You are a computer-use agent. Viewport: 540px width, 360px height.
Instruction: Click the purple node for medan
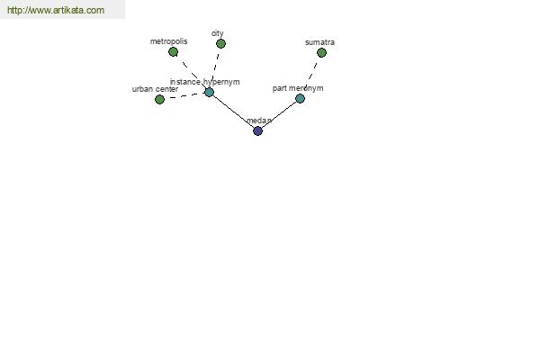[x=257, y=130]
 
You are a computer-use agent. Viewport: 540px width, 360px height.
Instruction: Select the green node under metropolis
[x=173, y=52]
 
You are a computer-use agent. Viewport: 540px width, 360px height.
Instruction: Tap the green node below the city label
[x=220, y=44]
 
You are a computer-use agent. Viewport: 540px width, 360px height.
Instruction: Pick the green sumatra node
[x=321, y=53]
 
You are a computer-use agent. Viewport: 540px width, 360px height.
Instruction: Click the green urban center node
[x=159, y=100]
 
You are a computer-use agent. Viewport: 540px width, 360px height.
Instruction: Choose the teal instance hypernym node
[x=209, y=93]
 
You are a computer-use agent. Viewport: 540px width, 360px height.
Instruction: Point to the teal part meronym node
[x=300, y=98]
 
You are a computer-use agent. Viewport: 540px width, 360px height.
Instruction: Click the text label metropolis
[x=169, y=41]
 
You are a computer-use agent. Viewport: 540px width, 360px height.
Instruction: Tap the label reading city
[x=217, y=33]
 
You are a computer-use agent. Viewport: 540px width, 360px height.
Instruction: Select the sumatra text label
[x=319, y=42]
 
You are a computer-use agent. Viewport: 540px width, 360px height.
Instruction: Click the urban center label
[x=155, y=89]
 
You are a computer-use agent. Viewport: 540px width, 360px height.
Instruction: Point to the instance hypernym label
[x=204, y=82]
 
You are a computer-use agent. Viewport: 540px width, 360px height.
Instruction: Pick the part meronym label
[x=298, y=88]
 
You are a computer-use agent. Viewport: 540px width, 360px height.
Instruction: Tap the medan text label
[x=259, y=121]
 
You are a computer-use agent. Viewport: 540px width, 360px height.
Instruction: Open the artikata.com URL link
[x=56, y=10]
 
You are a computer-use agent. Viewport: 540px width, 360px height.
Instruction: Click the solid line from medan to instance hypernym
[x=233, y=112]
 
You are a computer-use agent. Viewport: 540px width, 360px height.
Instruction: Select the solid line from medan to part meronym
[x=279, y=114]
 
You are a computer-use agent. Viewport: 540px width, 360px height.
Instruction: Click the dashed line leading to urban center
[x=184, y=96]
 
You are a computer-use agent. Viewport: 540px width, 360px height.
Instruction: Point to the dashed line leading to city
[x=215, y=67]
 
